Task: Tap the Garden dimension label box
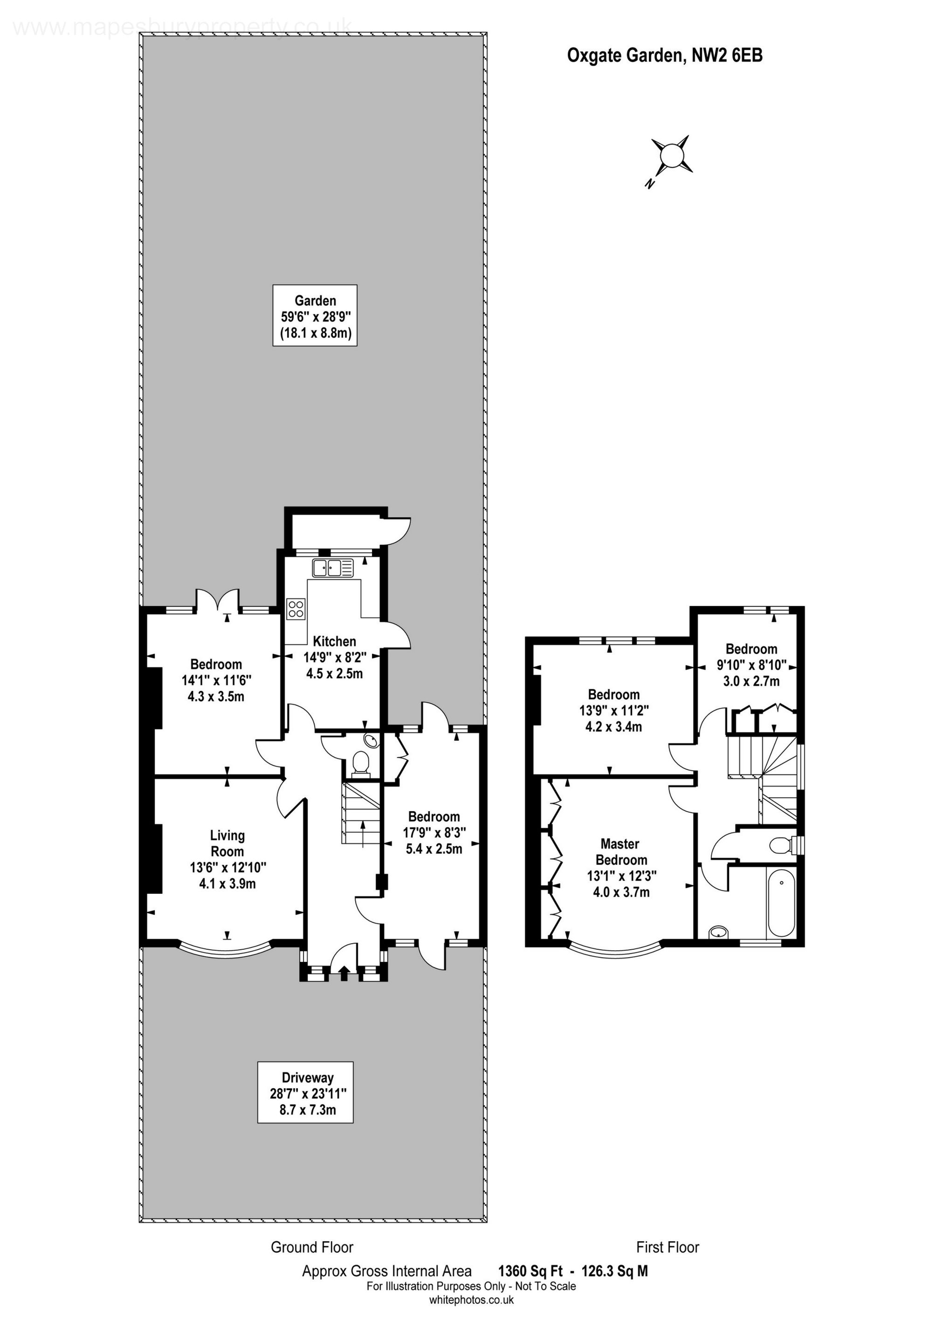(x=315, y=315)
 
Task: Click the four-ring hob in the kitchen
(x=296, y=609)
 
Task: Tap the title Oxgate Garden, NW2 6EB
(x=665, y=56)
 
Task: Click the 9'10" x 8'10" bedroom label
(x=751, y=665)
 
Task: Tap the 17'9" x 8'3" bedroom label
(x=434, y=833)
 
